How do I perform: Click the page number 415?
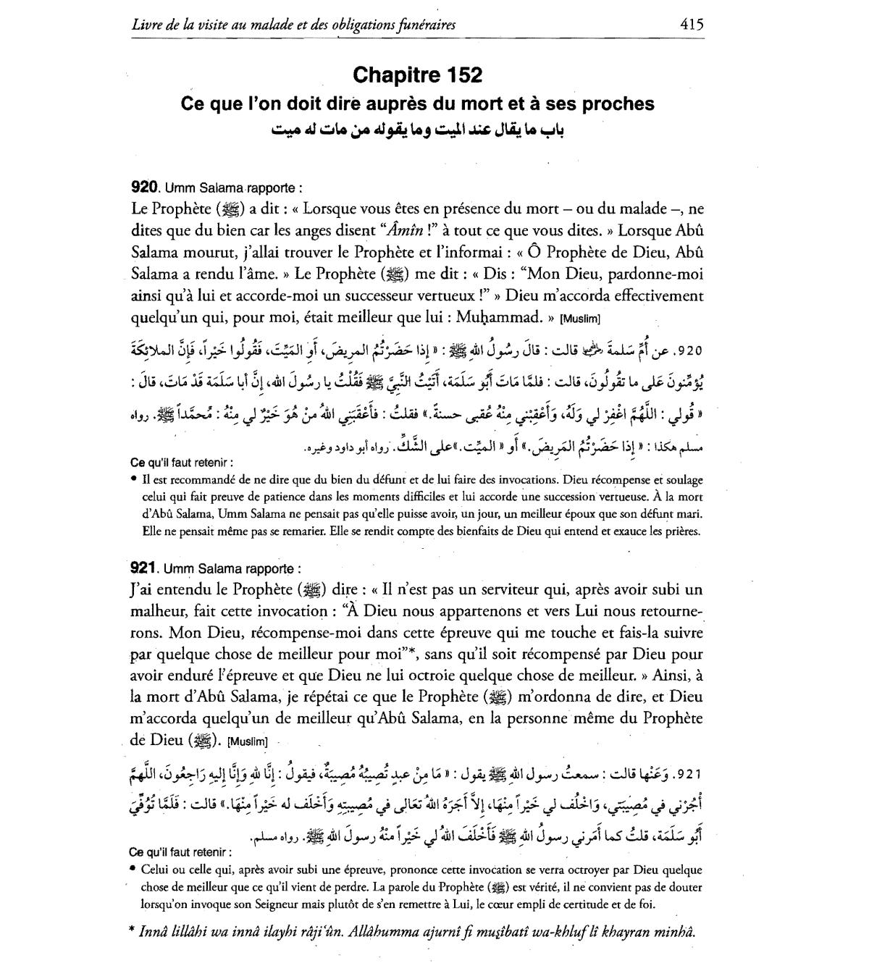[692, 24]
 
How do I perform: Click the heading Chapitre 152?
[417, 75]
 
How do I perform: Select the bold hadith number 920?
[144, 187]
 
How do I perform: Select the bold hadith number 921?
[144, 568]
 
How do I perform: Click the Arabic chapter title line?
[417, 130]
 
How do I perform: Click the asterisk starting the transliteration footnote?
[133, 932]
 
